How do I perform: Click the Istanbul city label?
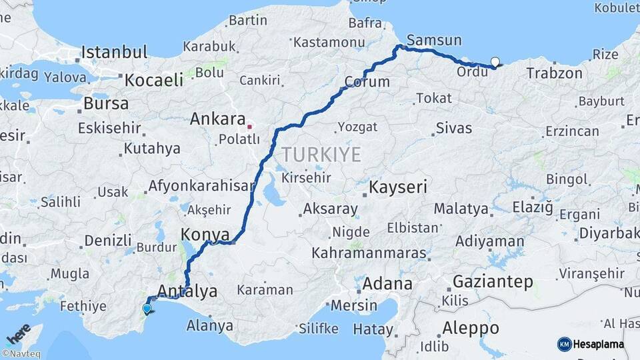pos(114,53)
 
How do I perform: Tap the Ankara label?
pos(217,119)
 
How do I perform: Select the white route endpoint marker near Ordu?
pos(495,63)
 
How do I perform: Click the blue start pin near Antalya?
pos(147,309)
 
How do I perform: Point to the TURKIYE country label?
pos(321,155)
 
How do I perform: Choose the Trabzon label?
pos(554,73)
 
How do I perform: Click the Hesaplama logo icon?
pos(564,344)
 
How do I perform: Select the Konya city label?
pos(205,235)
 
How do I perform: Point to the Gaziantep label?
pos(493,281)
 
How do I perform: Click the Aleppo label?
pos(469,328)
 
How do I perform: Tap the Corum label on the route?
pos(367,82)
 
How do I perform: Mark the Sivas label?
pos(453,128)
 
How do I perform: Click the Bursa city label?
pos(106,103)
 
